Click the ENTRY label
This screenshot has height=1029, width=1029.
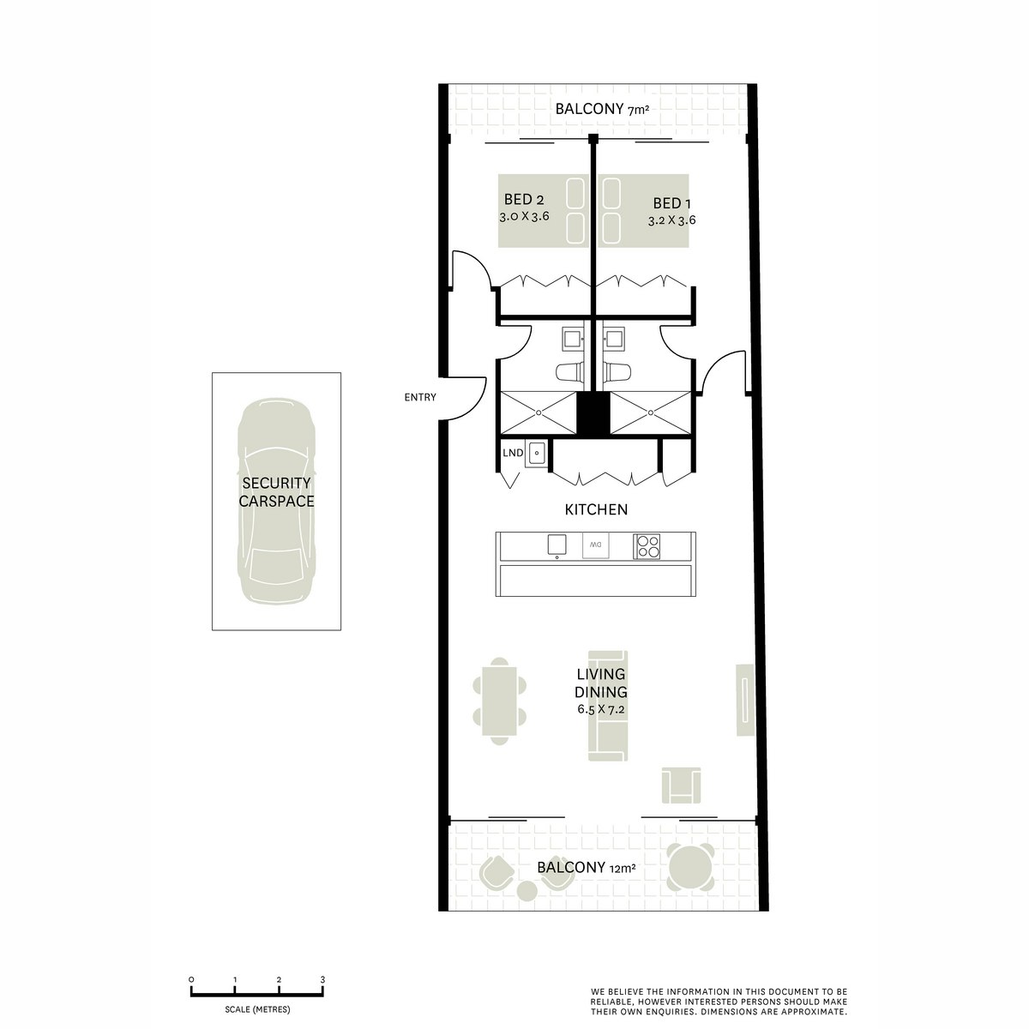420,397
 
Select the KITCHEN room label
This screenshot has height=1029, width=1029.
596,509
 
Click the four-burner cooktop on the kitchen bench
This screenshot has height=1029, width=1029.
647,546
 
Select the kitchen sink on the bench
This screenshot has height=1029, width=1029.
557,545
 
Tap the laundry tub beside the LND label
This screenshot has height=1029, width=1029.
537,453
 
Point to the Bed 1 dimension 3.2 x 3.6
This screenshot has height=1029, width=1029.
671,220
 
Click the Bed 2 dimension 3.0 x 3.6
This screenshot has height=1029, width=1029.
524,217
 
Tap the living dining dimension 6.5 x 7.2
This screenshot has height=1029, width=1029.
602,710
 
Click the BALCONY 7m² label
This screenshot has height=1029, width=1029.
594,109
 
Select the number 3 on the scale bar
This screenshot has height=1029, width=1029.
322,979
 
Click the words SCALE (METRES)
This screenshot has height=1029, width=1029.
257,1009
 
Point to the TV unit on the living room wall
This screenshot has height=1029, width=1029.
743,701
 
